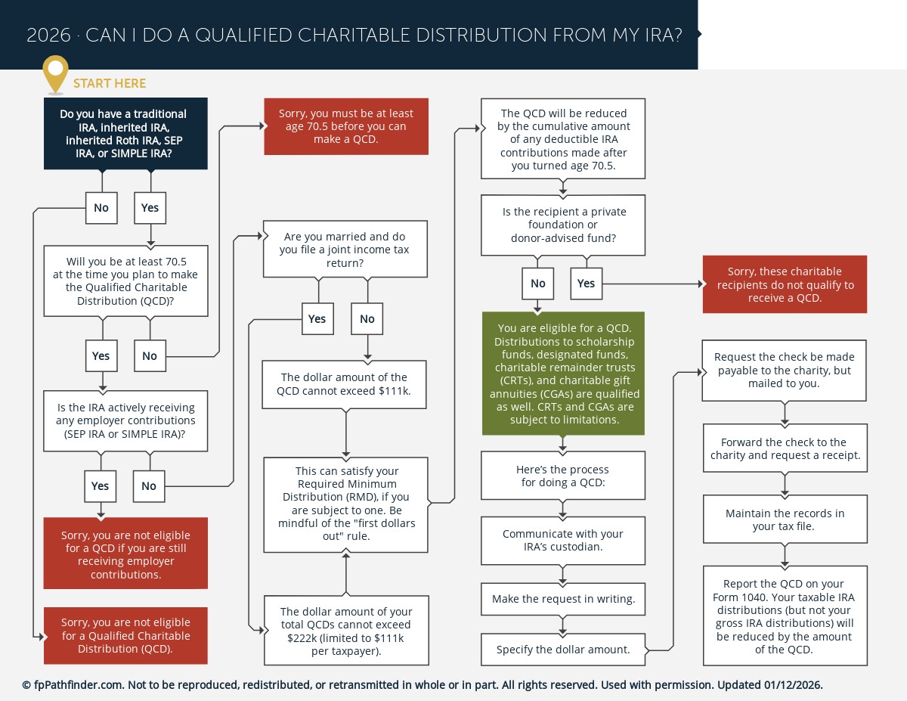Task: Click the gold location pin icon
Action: [55, 73]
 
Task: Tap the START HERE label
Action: [110, 83]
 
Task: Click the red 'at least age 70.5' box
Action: [346, 126]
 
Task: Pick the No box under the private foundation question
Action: [537, 284]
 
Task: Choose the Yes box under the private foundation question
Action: [586, 284]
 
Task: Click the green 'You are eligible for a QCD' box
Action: [563, 374]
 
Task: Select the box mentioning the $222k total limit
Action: [346, 630]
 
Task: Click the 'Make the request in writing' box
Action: [563, 599]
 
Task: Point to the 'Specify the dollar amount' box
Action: [563, 650]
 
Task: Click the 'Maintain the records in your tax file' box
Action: [785, 520]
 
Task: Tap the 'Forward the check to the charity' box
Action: [785, 448]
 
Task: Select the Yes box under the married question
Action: [317, 319]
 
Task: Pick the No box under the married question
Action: [367, 319]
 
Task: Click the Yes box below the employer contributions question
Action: [101, 486]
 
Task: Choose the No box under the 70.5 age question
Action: [150, 356]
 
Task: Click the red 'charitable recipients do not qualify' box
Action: [785, 284]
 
